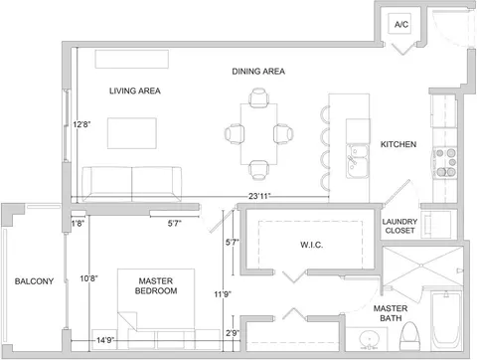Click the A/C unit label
click(x=401, y=24)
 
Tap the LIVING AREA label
click(x=135, y=90)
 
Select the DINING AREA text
click(x=258, y=72)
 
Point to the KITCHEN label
click(x=398, y=144)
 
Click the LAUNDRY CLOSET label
click(x=399, y=226)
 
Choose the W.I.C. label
click(x=312, y=245)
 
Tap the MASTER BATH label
click(x=391, y=313)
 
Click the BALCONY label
click(x=34, y=281)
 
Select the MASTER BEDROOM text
click(x=156, y=285)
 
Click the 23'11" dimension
click(x=259, y=196)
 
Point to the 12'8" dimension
click(x=81, y=124)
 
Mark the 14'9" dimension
click(x=105, y=340)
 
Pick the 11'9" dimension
click(x=223, y=294)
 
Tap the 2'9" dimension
click(x=233, y=333)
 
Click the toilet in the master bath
click(x=409, y=336)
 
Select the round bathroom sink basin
click(x=369, y=339)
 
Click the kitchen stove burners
click(x=446, y=162)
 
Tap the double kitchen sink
click(x=358, y=161)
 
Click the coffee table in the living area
click(x=132, y=133)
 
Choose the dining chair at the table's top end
click(x=258, y=97)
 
